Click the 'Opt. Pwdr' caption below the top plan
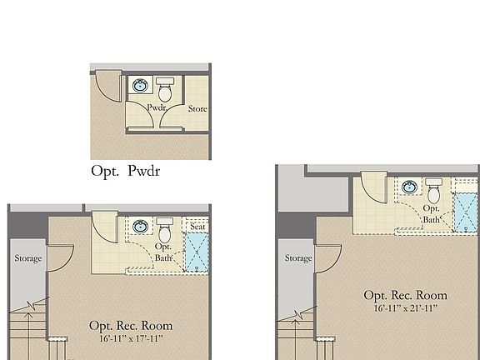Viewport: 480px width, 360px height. pyautogui.click(x=125, y=172)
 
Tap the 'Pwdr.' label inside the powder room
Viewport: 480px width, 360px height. pyautogui.click(x=157, y=108)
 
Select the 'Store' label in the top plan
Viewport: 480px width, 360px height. pyautogui.click(x=197, y=108)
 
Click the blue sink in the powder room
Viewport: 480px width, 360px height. pyautogui.click(x=142, y=85)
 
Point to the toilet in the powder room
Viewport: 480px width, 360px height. pyautogui.click(x=165, y=86)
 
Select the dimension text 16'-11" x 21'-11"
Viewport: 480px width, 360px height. pyautogui.click(x=406, y=308)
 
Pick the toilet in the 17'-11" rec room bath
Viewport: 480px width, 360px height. pyautogui.click(x=164, y=227)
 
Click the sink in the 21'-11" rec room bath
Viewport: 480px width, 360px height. pyautogui.click(x=409, y=187)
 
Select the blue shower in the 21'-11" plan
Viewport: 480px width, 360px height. pyautogui.click(x=467, y=213)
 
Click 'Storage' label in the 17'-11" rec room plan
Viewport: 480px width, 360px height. pyautogui.click(x=27, y=258)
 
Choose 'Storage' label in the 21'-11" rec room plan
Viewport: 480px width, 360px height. pyautogui.click(x=298, y=258)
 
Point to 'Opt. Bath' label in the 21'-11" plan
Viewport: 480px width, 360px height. pyautogui.click(x=432, y=213)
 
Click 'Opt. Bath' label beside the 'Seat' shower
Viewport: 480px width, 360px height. pyautogui.click(x=163, y=252)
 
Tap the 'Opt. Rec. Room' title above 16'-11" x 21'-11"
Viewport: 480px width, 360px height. pyautogui.click(x=405, y=295)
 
